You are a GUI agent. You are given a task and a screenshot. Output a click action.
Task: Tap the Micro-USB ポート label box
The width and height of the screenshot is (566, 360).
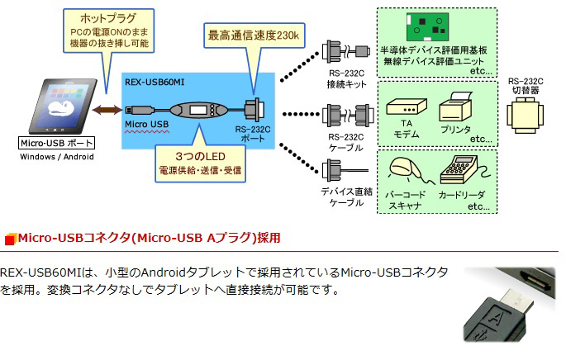[56, 144]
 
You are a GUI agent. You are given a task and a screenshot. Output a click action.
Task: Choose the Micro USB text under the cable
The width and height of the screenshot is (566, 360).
[148, 125]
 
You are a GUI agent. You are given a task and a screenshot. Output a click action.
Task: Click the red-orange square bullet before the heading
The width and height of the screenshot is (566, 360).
[10, 239]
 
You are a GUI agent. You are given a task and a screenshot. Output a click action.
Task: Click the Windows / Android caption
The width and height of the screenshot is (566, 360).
[56, 157]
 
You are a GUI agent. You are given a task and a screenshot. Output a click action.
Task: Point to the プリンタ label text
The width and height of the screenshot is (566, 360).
[454, 130]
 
